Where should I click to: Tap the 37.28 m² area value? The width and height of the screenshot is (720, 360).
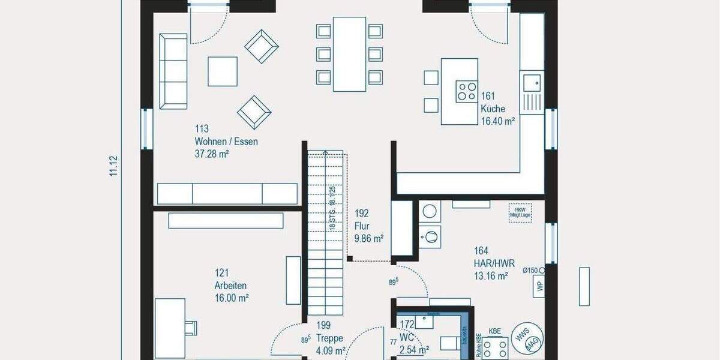click(x=212, y=154)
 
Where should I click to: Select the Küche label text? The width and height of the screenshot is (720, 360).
click(x=493, y=109)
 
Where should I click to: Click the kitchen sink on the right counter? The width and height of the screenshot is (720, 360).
click(x=531, y=81)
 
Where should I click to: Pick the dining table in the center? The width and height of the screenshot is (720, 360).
click(x=349, y=54)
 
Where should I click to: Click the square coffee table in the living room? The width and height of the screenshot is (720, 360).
click(x=223, y=71)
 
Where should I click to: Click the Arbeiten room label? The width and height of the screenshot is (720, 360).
click(x=230, y=286)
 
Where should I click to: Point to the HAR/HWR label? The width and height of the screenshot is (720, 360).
click(x=494, y=263)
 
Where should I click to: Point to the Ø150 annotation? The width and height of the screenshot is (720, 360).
click(x=530, y=271)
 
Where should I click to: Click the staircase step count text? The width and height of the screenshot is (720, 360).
click(x=331, y=207)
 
